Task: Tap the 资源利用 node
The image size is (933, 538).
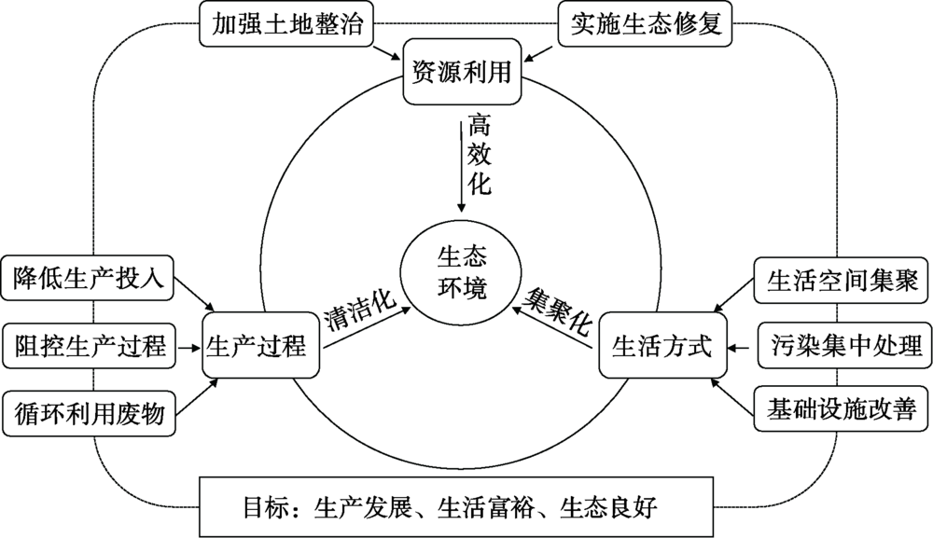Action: pos(462,72)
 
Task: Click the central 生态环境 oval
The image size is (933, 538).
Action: pos(462,271)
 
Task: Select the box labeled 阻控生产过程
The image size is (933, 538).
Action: pos(89,347)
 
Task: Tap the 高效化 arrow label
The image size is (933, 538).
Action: pos(479,154)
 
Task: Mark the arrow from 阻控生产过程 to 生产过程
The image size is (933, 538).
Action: pos(189,347)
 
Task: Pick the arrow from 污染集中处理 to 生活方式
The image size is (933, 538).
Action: pos(739,348)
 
